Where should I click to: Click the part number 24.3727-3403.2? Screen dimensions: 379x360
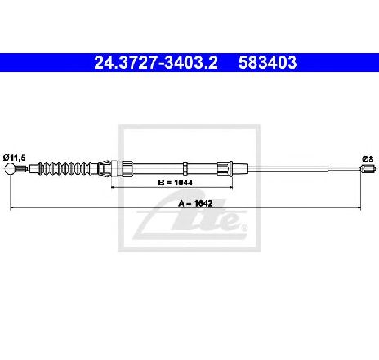point(156,62)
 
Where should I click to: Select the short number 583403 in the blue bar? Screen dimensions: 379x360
point(268,62)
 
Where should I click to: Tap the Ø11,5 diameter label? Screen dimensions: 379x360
point(14,158)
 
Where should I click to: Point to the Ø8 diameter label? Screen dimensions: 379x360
point(368,159)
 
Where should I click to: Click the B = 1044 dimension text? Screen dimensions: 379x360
point(175,183)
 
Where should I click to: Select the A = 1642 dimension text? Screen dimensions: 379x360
point(195,203)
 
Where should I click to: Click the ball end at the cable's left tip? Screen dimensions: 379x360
point(10,168)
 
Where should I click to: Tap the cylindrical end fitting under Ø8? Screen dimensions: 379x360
point(368,169)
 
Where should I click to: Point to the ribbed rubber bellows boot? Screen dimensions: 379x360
point(65,168)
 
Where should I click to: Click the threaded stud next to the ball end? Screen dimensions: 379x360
point(20,169)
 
